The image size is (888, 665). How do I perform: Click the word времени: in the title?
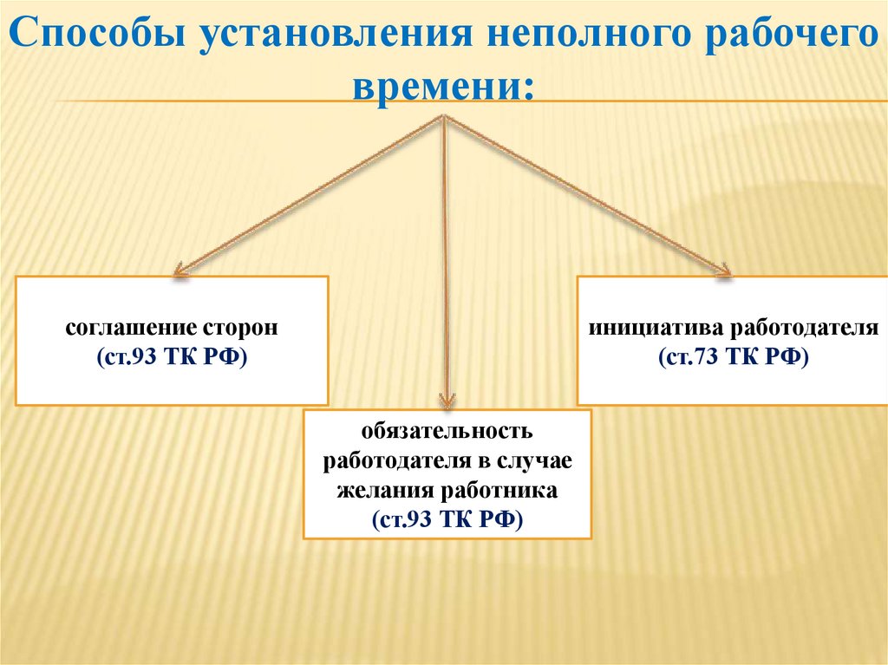pos(442,87)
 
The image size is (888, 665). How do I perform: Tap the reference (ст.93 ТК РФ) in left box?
pos(172,356)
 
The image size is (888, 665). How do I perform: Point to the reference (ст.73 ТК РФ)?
pos(732,356)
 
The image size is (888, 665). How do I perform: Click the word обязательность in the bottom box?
pos(447,431)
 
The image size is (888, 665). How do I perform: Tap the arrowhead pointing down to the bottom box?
pos(446,400)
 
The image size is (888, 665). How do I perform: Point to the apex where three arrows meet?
pos(444,117)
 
